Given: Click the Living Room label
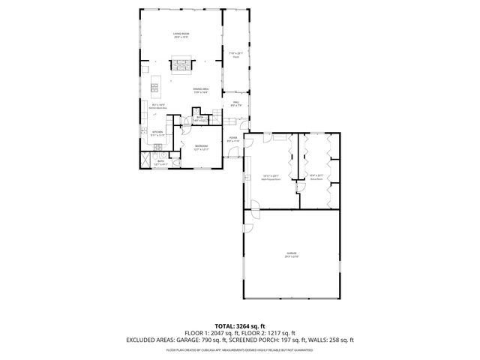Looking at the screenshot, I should [180, 34].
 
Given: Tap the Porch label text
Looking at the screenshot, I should [236, 57].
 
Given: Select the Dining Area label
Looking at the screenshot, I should [201, 90].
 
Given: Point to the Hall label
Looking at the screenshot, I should [235, 103].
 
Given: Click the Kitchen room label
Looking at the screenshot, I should [158, 133].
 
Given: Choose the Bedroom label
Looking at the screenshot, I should [201, 146].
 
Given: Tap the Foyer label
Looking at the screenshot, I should [233, 139].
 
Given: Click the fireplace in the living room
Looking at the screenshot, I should [180, 65].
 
